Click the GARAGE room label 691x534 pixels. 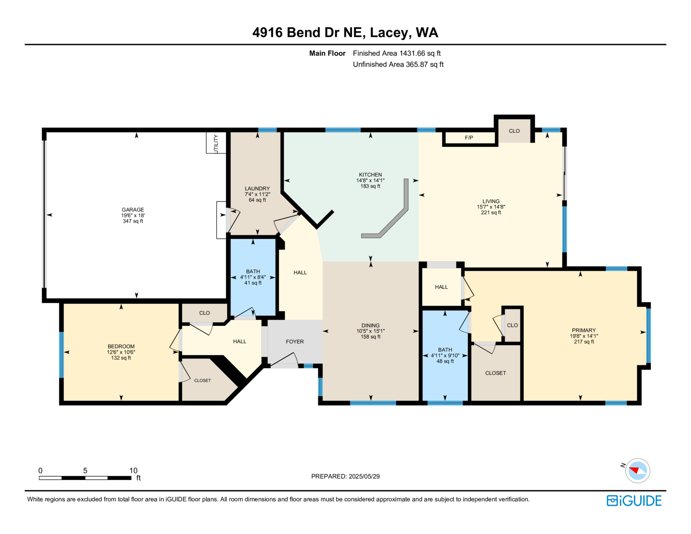point(133,210)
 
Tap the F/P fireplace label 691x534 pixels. point(469,138)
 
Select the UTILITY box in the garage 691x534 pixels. point(216,143)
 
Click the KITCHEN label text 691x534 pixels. point(371,175)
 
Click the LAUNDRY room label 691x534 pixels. point(257,189)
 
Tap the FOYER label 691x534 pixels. point(295,342)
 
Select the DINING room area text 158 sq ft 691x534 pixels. point(371,337)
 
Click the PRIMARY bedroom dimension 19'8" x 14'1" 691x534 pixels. point(584,336)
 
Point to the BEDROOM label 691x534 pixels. point(121,346)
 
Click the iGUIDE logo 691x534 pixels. point(634,501)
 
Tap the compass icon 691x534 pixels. point(637,471)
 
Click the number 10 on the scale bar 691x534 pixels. point(133,470)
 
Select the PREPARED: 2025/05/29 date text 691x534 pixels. point(345,477)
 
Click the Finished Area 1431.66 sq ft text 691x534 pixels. point(397,54)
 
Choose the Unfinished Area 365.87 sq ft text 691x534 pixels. point(398,64)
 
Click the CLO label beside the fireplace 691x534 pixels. point(514,131)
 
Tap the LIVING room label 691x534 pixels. point(491,201)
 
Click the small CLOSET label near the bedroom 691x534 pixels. point(203,380)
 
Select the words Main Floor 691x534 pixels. point(327,54)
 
